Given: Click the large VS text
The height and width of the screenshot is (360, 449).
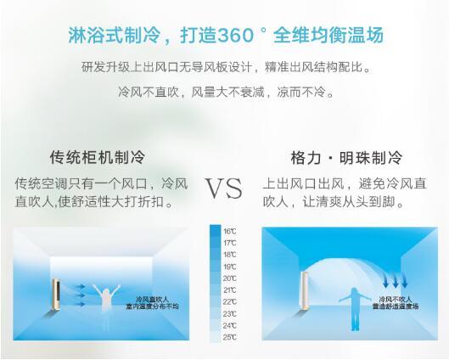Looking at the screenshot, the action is pyautogui.click(x=224, y=188).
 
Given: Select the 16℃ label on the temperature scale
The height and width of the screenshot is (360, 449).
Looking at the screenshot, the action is pyautogui.click(x=230, y=232).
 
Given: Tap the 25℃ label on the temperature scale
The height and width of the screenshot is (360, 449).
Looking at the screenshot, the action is pyautogui.click(x=230, y=337).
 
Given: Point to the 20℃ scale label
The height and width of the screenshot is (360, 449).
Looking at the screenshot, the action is pyautogui.click(x=230, y=278).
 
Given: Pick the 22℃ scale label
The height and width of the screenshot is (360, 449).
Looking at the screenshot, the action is pyautogui.click(x=230, y=302).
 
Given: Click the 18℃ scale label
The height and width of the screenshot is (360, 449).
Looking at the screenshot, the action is pyautogui.click(x=230, y=255).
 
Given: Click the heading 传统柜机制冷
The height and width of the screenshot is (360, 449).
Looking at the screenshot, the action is pyautogui.click(x=98, y=157).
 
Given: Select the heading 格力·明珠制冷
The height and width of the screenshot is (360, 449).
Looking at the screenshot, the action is pyautogui.click(x=347, y=158).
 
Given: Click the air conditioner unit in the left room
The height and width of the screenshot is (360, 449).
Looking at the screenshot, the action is pyautogui.click(x=56, y=294).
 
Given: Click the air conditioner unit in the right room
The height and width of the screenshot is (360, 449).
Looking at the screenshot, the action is pyautogui.click(x=305, y=290).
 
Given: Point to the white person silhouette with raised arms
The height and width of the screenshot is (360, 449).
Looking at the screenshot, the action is pyautogui.click(x=106, y=299).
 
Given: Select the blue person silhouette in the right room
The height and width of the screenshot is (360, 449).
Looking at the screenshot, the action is pyautogui.click(x=355, y=309).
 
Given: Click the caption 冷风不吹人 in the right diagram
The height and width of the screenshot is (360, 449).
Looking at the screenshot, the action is pyautogui.click(x=396, y=299).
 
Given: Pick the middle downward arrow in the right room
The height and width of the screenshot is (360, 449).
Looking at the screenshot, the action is pyautogui.click(x=396, y=282).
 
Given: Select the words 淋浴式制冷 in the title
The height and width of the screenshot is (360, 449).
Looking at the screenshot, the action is pyautogui.click(x=114, y=35).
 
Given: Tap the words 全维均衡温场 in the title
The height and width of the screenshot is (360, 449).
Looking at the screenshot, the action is pyautogui.click(x=328, y=35).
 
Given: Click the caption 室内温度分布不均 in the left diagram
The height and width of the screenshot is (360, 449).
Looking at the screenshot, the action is pyautogui.click(x=152, y=307).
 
